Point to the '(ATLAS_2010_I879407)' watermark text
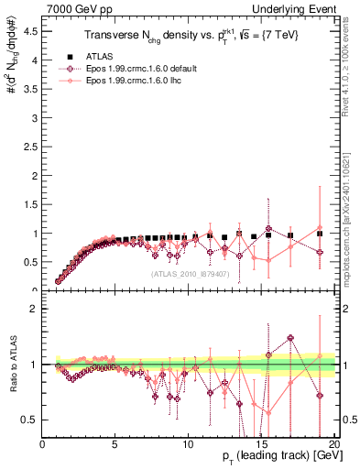click(190, 273)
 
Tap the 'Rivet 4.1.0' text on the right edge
click(352, 73)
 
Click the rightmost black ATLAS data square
click(320, 234)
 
